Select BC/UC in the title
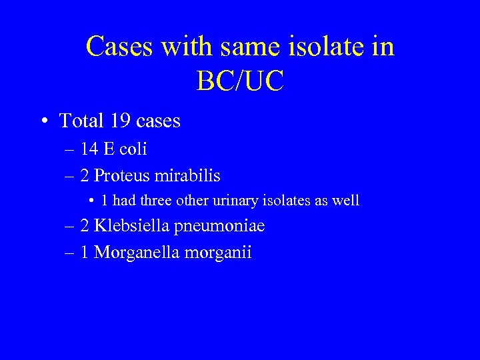[240, 81]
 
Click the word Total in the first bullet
[82, 121]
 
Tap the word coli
[133, 149]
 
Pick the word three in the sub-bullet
[158, 200]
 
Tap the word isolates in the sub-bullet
[294, 200]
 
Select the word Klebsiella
[131, 226]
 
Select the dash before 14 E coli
[70, 149]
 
